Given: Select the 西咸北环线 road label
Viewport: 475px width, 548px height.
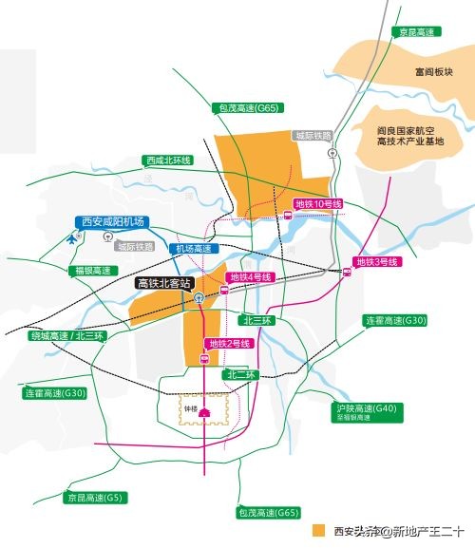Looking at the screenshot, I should pos(168,161).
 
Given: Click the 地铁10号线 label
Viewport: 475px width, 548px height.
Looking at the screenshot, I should pos(318,204).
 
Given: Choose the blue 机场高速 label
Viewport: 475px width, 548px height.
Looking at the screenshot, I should pos(192,249).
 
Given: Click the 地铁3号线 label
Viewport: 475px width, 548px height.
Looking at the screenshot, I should pos(376,261).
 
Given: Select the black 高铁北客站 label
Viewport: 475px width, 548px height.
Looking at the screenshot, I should pos(165,283).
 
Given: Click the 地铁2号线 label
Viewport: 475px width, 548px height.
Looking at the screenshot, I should pos(229,343).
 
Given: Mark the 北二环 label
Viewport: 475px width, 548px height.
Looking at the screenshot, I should pos(241,375).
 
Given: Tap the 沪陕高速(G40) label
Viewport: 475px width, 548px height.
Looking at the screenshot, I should pos(365,411).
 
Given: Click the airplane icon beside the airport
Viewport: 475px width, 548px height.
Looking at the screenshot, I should pos(75,238).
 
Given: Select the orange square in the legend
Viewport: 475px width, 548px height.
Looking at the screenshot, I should pos(320,530).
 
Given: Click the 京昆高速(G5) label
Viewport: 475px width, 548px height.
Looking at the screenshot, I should pos(95,498).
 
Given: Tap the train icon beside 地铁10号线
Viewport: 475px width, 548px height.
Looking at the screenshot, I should pos(287,216).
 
